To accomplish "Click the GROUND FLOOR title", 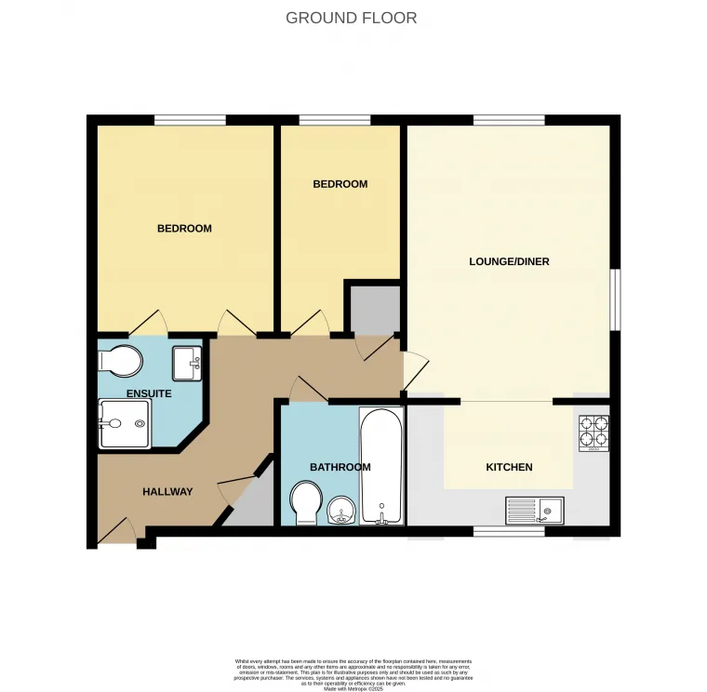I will click(x=351, y=18).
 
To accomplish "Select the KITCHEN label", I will click(x=509, y=467).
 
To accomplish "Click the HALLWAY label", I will click(x=167, y=491).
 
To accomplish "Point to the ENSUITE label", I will click(x=149, y=393).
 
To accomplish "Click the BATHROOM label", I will click(x=340, y=467).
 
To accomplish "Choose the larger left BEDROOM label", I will click(x=184, y=228).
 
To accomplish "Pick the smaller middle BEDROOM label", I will click(x=340, y=184).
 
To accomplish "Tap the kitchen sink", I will click(x=534, y=510).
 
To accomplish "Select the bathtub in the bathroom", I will click(x=381, y=465).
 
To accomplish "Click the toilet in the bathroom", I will click(x=305, y=503).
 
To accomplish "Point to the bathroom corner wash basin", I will click(x=343, y=511).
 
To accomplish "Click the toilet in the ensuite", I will click(x=119, y=359).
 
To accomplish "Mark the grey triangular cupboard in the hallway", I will click(x=253, y=502).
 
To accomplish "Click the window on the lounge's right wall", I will click(x=614, y=299).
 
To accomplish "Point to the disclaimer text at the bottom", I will click(x=353, y=673).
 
